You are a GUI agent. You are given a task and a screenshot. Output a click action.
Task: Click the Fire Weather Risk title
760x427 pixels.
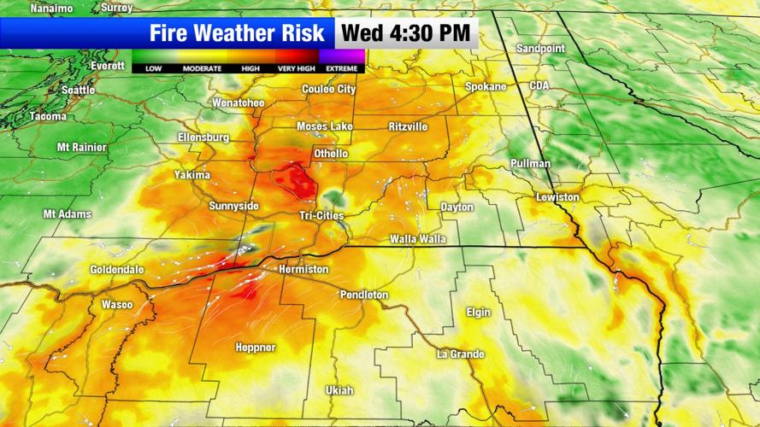pyautogui.click(x=238, y=33)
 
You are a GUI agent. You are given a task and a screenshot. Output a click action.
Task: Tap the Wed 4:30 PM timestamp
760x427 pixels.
pyautogui.click(x=406, y=33)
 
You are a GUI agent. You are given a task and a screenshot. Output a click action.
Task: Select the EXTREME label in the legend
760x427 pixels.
pyautogui.click(x=342, y=68)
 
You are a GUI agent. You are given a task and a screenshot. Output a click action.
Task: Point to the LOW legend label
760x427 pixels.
pyautogui.click(x=154, y=68)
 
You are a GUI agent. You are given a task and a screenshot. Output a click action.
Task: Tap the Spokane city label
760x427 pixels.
pyautogui.click(x=486, y=87)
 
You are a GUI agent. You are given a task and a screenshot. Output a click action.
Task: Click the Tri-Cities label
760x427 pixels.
pyautogui.click(x=321, y=216)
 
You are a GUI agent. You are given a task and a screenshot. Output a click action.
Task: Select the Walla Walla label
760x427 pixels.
pyautogui.click(x=418, y=239)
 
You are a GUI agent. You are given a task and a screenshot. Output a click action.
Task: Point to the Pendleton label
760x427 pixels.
pyautogui.click(x=364, y=295)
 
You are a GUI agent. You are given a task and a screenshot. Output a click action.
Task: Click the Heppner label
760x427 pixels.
pyautogui.click(x=256, y=348)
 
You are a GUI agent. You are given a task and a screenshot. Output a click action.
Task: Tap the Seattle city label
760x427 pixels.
pyautogui.click(x=78, y=90)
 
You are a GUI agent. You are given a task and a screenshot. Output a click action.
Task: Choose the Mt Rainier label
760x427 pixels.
pyautogui.click(x=82, y=147)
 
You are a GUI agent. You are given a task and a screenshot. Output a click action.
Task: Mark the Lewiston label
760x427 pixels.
pyautogui.click(x=557, y=197)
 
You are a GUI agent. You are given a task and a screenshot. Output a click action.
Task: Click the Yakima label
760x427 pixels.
pyautogui.click(x=192, y=175)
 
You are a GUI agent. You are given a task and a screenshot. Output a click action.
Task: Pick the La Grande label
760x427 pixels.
pyautogui.click(x=461, y=354)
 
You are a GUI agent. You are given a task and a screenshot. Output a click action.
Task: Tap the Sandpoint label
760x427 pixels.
pyautogui.click(x=540, y=49)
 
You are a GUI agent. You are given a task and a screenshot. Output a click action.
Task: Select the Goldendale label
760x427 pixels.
pyautogui.click(x=117, y=270)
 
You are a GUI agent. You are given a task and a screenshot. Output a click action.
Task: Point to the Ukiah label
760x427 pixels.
pyautogui.click(x=339, y=390)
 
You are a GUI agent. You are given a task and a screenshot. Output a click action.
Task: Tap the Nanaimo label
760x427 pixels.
pyautogui.click(x=51, y=8)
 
